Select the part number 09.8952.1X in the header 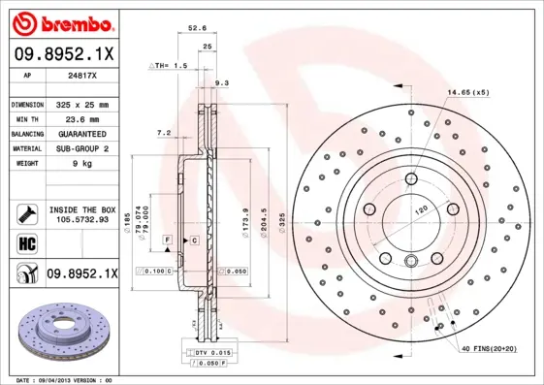(x=62, y=55)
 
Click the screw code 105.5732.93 (x=81, y=221)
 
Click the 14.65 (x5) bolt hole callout (x=468, y=92)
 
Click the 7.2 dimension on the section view (x=164, y=132)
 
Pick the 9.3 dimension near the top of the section (x=221, y=84)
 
